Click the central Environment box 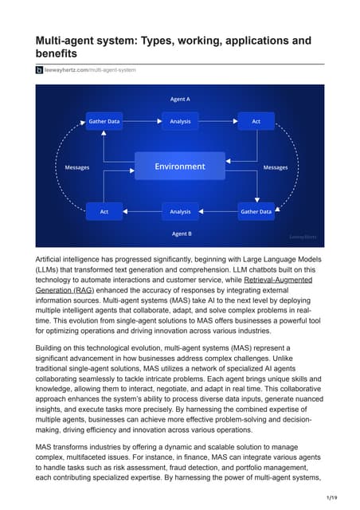(180, 167)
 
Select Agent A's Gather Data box (104, 121)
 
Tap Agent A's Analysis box (180, 121)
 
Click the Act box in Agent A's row (256, 121)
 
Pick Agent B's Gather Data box (256, 212)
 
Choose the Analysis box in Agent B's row (180, 212)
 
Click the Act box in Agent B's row (104, 212)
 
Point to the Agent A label (180, 99)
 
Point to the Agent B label (180, 233)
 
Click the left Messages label (76, 167)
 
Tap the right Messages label (276, 167)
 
